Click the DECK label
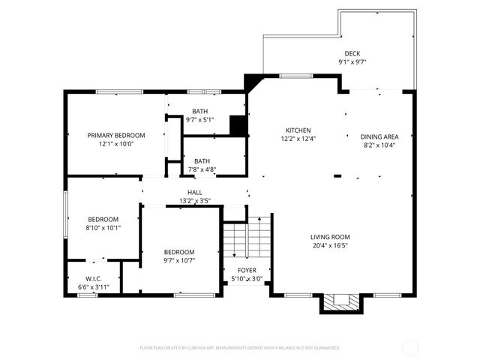click(352, 53)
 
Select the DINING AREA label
click(379, 136)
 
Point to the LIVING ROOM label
click(331, 237)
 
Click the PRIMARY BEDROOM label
click(115, 135)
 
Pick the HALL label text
click(194, 193)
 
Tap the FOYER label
click(247, 270)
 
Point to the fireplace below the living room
click(342, 303)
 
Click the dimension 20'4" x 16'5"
click(331, 245)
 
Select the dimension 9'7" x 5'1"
click(199, 118)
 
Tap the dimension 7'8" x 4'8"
click(202, 169)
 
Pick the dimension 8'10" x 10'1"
click(103, 227)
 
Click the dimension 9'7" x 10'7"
click(179, 260)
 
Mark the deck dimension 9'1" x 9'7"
click(352, 62)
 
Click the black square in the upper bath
click(238, 126)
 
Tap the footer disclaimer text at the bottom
click(240, 348)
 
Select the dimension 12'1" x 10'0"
click(115, 144)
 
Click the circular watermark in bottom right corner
click(410, 348)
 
